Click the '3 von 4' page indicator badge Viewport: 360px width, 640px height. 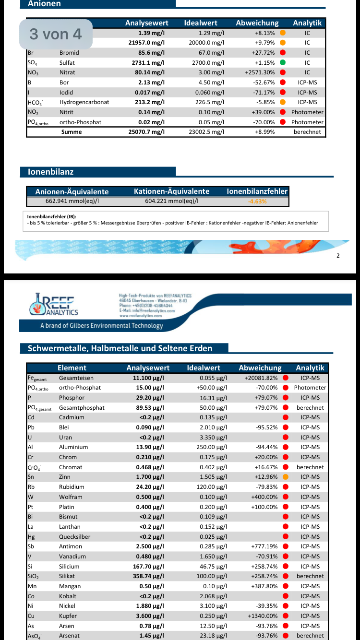56,34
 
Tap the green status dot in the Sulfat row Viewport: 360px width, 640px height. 283,63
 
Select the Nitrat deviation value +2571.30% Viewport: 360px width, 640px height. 260,72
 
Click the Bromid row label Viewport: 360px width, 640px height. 70,53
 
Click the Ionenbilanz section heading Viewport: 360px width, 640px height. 51,172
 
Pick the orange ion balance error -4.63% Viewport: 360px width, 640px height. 257,201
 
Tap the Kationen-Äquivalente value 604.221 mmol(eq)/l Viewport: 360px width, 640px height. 171,201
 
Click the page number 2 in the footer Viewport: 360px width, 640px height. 338,255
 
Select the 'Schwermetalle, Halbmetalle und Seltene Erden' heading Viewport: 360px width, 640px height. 120,348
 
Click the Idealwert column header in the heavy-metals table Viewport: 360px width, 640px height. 204,368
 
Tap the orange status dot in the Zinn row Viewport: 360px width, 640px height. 285,477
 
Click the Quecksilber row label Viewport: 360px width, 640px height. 74,536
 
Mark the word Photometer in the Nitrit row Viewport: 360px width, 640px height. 307,112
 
